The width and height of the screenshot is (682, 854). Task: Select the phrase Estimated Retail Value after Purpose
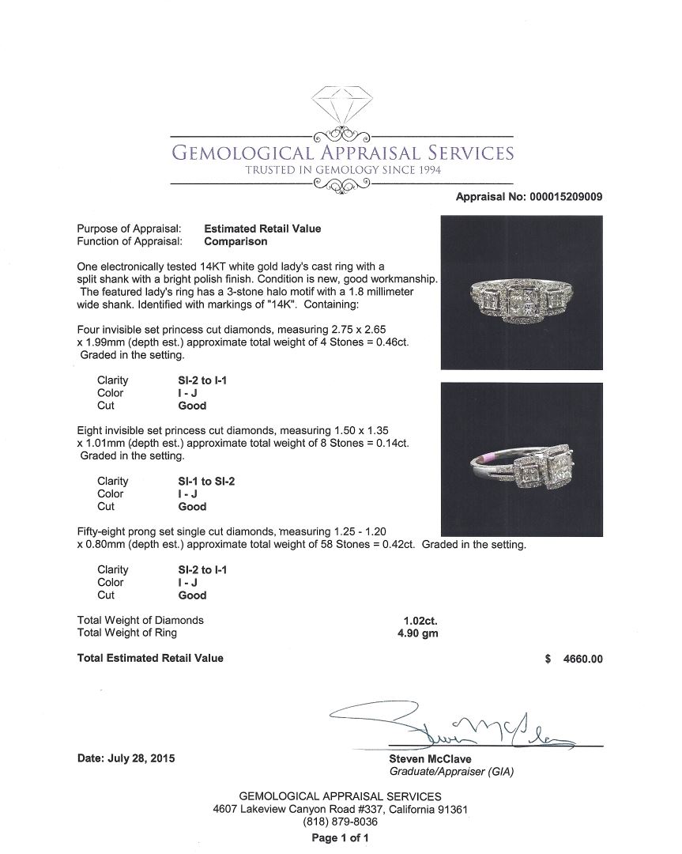click(x=262, y=229)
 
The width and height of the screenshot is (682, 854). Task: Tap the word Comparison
click(x=235, y=241)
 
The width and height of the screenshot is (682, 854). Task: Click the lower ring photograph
click(x=521, y=459)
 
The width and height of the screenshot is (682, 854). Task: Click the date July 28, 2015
click(x=126, y=758)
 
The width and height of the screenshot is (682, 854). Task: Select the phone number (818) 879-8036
click(x=340, y=822)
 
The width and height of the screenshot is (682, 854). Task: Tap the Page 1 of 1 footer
click(x=340, y=837)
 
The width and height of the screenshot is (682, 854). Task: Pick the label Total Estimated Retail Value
click(x=150, y=658)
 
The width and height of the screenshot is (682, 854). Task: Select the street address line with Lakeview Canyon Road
click(x=341, y=809)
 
